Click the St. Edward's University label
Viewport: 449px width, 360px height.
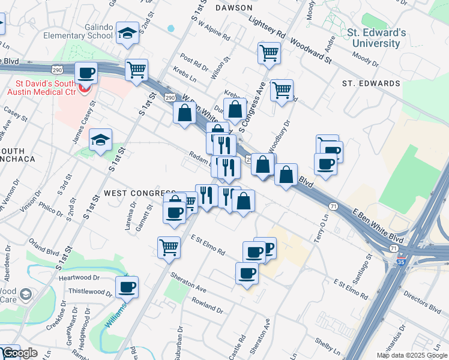pos(377,38)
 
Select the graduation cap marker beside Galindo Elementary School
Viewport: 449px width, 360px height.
pos(127,34)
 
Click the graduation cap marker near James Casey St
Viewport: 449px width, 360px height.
pos(100,140)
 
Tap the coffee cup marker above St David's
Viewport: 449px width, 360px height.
pos(86,73)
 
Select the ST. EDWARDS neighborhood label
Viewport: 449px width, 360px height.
pos(370,83)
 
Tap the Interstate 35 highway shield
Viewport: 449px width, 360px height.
pos(400,262)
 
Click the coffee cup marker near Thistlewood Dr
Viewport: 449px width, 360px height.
pos(127,288)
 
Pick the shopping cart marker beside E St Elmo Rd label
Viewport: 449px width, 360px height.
pos(169,246)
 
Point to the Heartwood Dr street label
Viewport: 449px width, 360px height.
pos(79,278)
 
